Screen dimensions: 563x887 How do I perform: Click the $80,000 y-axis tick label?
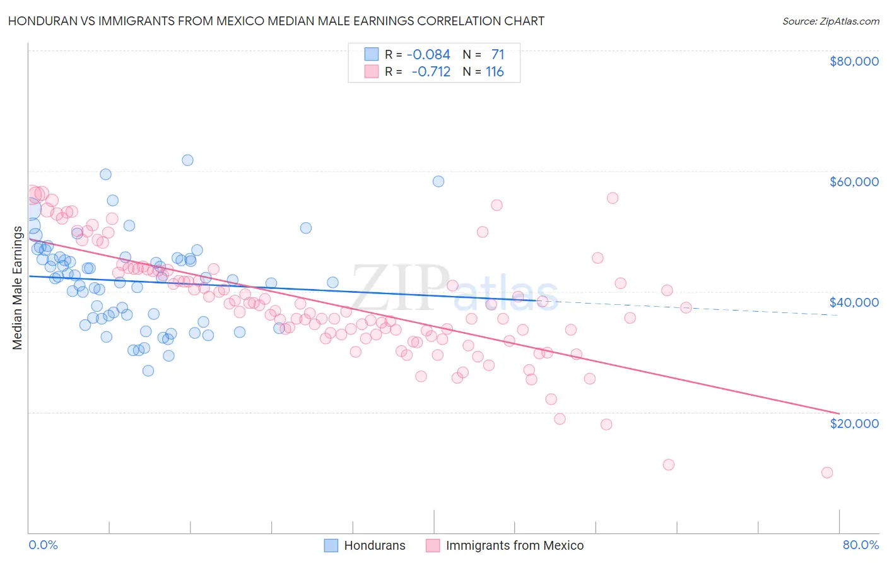click(854, 61)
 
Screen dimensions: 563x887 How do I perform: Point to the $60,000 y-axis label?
click(854, 182)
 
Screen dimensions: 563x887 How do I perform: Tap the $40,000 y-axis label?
click(854, 302)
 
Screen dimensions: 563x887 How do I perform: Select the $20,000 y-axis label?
click(854, 423)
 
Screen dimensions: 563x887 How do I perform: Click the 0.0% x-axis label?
click(43, 545)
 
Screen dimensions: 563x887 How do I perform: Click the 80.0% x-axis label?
click(861, 545)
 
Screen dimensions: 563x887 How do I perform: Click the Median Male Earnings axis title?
click(17, 287)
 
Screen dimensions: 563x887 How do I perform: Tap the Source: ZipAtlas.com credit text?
click(830, 21)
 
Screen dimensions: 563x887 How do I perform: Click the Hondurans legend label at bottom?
click(375, 545)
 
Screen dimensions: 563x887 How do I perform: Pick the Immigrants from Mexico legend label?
click(515, 545)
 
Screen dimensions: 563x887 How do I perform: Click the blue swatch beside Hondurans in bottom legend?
click(331, 545)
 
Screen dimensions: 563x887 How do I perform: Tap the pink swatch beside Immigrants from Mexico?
click(433, 545)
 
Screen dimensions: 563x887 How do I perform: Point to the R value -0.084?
click(428, 55)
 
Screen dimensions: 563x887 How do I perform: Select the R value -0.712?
click(431, 72)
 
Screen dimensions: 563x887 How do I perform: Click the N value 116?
click(495, 72)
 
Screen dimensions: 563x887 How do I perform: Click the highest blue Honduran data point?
click(187, 160)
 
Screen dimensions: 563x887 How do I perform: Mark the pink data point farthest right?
click(827, 473)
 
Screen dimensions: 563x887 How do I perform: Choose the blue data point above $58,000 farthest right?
click(438, 182)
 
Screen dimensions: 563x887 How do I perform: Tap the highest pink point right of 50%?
click(613, 198)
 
